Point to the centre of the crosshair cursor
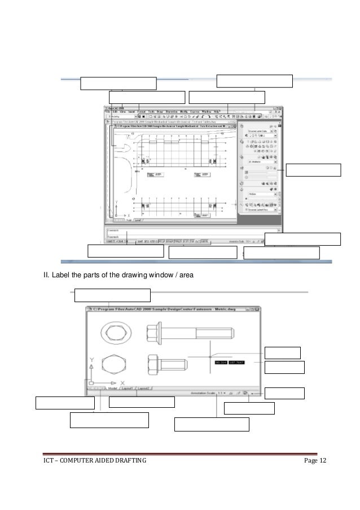click(x=210, y=357)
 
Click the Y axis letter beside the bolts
click(x=90, y=359)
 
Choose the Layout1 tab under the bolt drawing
click(x=128, y=389)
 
